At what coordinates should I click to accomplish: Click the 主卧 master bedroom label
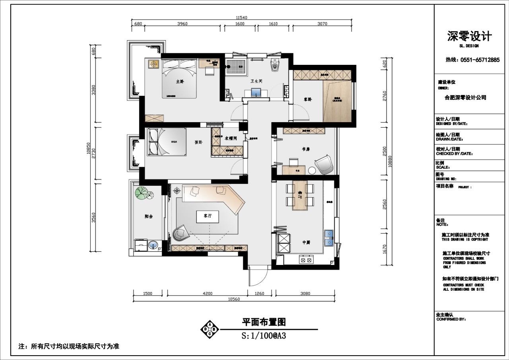click(180, 82)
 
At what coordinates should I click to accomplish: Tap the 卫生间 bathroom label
click(256, 81)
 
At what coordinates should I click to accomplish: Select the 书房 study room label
click(305, 149)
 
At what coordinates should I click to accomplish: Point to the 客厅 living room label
click(208, 215)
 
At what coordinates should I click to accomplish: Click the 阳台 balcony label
click(149, 216)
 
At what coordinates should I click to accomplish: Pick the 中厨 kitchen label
click(306, 242)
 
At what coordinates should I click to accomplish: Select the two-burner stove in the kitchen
click(306, 260)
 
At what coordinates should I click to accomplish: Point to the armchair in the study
click(324, 164)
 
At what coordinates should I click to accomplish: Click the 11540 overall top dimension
click(241, 18)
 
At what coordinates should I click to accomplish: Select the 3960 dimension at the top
click(182, 24)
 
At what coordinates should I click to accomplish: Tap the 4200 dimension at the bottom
click(207, 294)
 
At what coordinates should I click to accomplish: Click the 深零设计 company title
click(470, 37)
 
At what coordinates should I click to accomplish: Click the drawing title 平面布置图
click(264, 322)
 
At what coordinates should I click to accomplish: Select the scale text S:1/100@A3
click(264, 335)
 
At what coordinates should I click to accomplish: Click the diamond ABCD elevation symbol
click(210, 329)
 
